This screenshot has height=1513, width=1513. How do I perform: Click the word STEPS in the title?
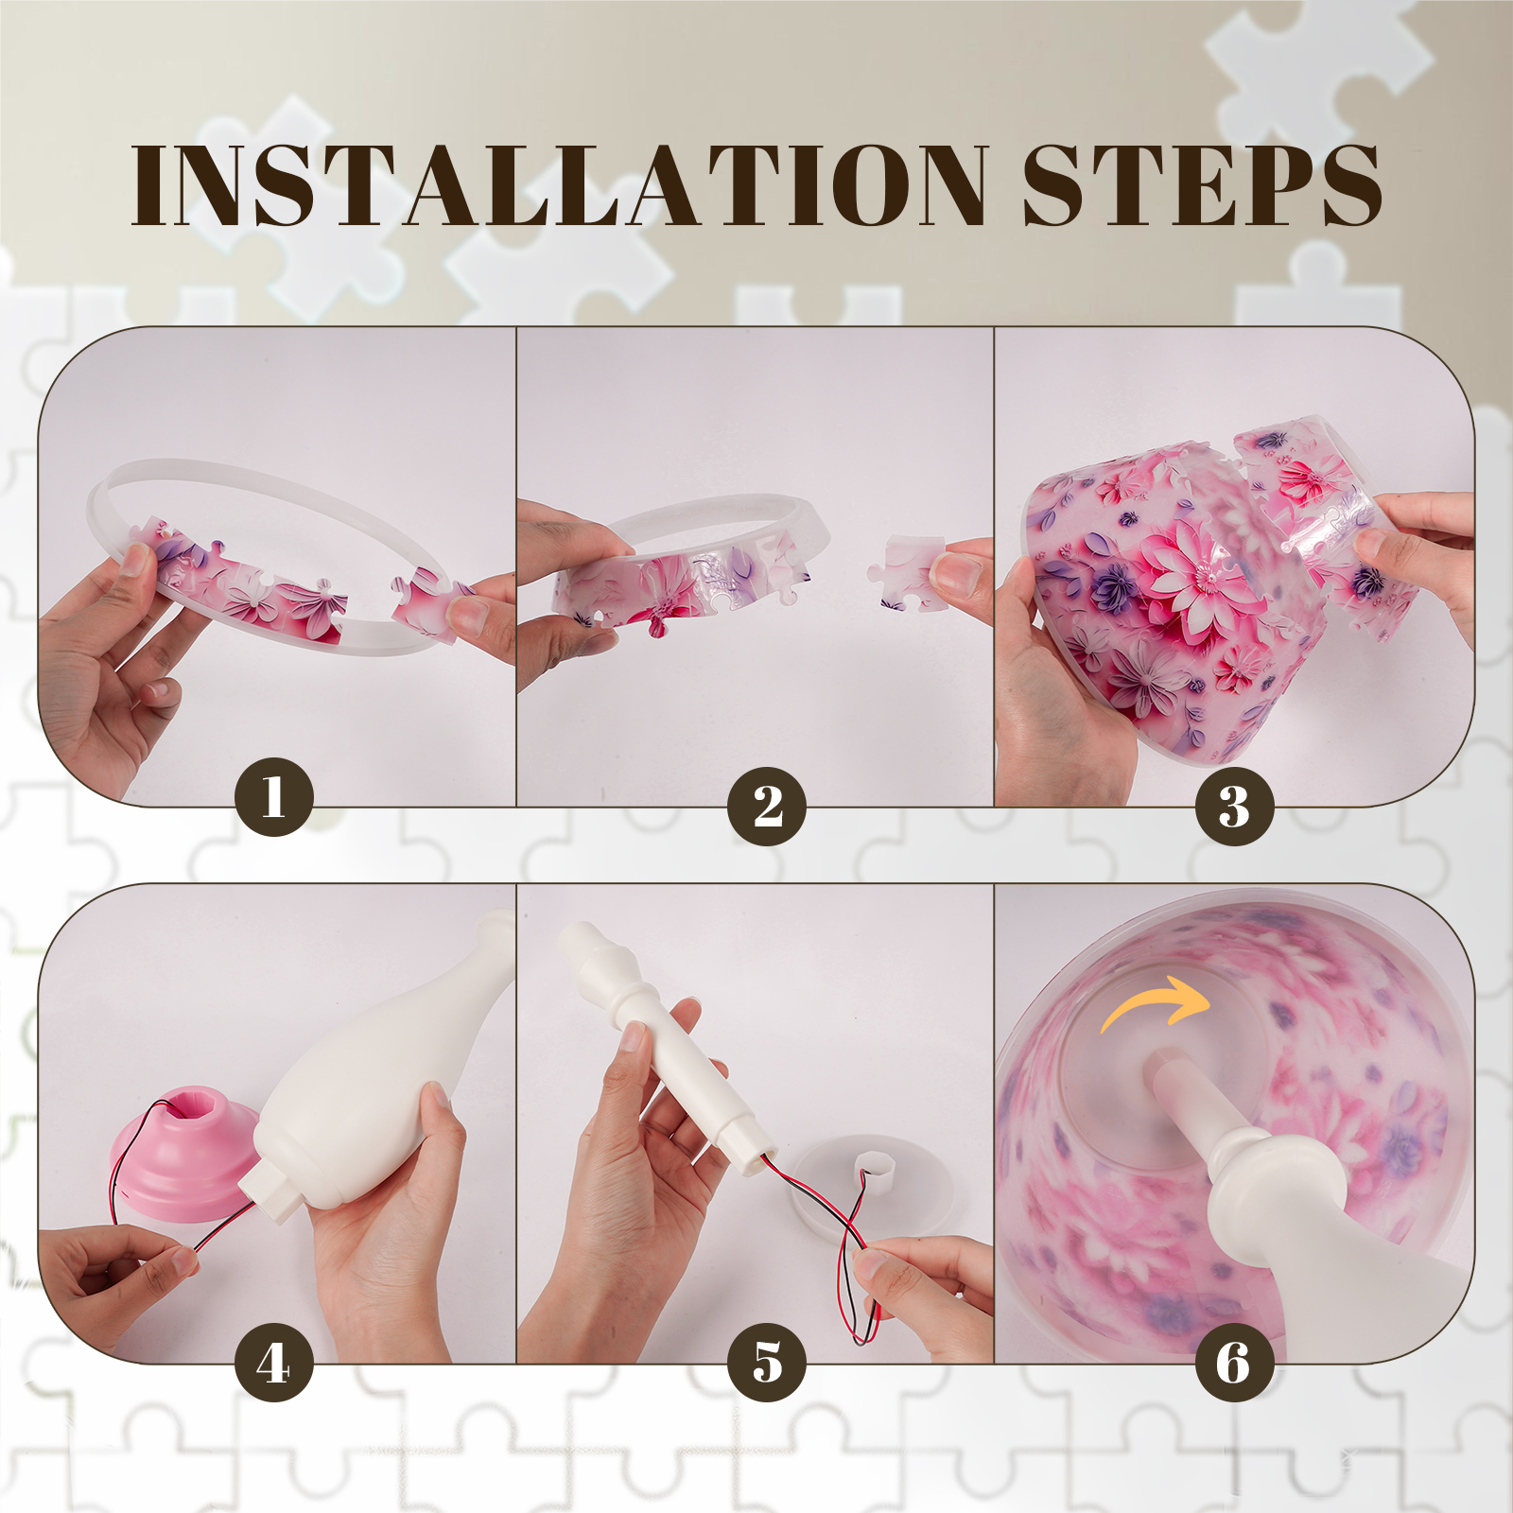(1202, 185)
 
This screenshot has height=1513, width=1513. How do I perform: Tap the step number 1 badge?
(274, 796)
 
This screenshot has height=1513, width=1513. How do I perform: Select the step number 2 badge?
(767, 806)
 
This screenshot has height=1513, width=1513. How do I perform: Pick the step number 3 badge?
(1234, 806)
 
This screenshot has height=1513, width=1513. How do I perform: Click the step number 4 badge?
(274, 1362)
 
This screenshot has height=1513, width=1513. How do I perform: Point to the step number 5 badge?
(767, 1362)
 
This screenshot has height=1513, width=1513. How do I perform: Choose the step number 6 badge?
(1234, 1362)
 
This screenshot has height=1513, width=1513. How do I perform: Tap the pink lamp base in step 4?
(184, 1149)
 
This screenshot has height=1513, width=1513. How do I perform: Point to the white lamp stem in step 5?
(662, 1045)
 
